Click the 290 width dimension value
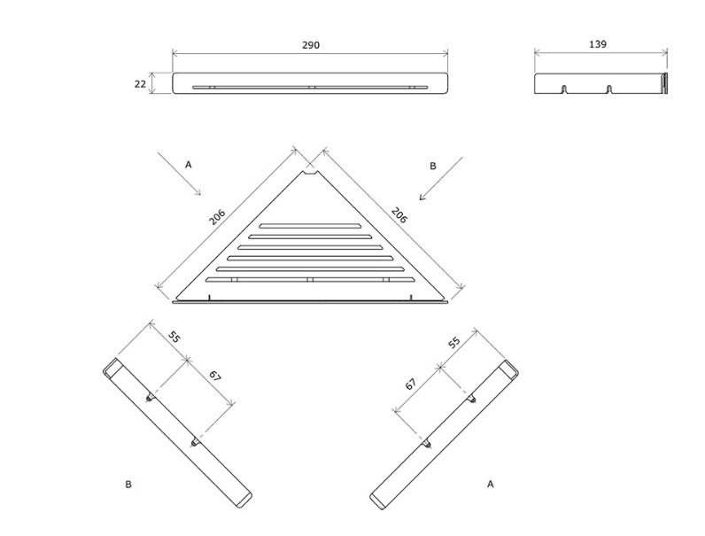(x=311, y=45)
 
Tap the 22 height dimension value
(x=140, y=83)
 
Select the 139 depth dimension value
(x=598, y=44)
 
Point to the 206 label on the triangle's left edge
(x=217, y=217)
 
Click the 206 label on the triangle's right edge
(x=399, y=215)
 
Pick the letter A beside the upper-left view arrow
(x=189, y=165)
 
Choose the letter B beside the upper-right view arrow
(x=433, y=166)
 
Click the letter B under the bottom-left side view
(x=128, y=485)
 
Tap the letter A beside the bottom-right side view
(x=491, y=484)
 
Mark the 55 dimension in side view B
(x=174, y=337)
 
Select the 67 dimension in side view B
(x=215, y=376)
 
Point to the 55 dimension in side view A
(x=454, y=342)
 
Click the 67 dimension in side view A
(x=410, y=384)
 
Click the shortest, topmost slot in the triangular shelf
(x=310, y=226)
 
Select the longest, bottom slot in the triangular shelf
(x=310, y=280)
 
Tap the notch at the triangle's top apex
(x=309, y=174)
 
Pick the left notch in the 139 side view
(x=563, y=89)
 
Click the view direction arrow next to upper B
(x=441, y=178)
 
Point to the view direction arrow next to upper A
(x=180, y=174)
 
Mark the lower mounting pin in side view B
(x=195, y=442)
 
